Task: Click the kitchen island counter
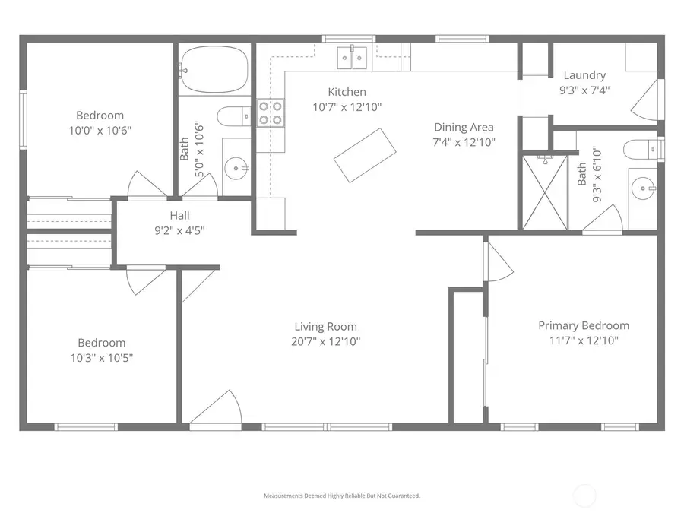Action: tap(366, 155)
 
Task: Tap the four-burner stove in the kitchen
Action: tap(271, 113)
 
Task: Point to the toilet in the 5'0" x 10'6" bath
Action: tap(232, 117)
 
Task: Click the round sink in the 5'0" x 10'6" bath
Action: tap(238, 168)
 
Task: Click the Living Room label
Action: tap(325, 327)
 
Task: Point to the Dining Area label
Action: tap(464, 127)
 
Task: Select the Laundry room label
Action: tap(584, 75)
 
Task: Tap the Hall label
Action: tap(179, 215)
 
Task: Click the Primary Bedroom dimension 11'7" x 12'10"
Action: tap(584, 340)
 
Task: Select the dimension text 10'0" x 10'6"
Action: tap(100, 130)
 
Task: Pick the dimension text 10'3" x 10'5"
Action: tap(100, 357)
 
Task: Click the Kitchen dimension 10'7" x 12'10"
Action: tap(347, 107)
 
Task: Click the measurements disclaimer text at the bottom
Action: tap(341, 496)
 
